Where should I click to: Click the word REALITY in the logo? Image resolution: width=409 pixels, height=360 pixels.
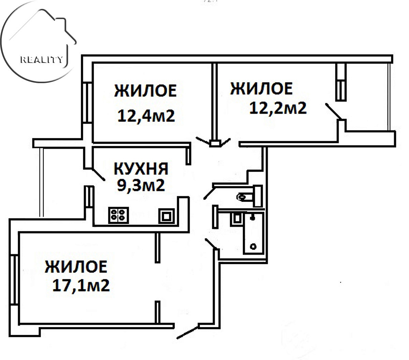point(41,60)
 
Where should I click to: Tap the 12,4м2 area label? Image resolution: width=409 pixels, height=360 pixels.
point(146,116)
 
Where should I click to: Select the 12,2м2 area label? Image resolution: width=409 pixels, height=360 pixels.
point(278,108)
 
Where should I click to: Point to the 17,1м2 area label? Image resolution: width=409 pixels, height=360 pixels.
point(81,285)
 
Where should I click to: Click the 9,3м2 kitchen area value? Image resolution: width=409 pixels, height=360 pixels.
point(141,185)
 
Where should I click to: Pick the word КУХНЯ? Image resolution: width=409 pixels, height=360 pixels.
point(141,169)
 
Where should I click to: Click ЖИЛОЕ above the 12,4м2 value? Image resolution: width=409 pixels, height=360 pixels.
point(145,91)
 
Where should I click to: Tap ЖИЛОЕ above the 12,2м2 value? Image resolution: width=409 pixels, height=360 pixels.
point(261,88)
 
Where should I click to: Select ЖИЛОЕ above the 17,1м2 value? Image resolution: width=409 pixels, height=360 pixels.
point(76,267)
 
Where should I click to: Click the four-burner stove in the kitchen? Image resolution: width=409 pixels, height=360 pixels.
point(119,215)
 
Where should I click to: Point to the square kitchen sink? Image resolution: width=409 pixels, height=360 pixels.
point(166,216)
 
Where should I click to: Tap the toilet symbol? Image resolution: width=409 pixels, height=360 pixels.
point(250,195)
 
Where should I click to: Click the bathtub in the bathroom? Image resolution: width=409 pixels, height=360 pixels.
point(254,234)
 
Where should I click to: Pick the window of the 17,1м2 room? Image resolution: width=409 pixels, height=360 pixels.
point(14,280)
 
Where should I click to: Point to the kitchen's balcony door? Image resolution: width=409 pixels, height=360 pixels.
point(99,174)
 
